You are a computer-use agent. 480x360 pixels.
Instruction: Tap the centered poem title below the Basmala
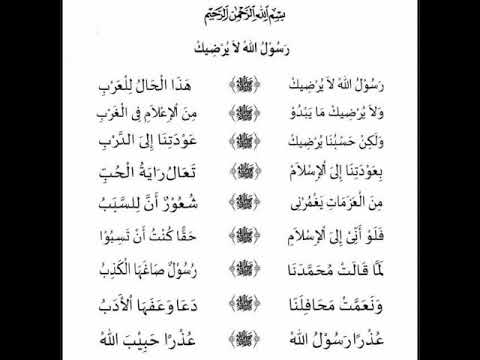tap(241, 46)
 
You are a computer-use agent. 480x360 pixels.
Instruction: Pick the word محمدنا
tap(305, 271)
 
